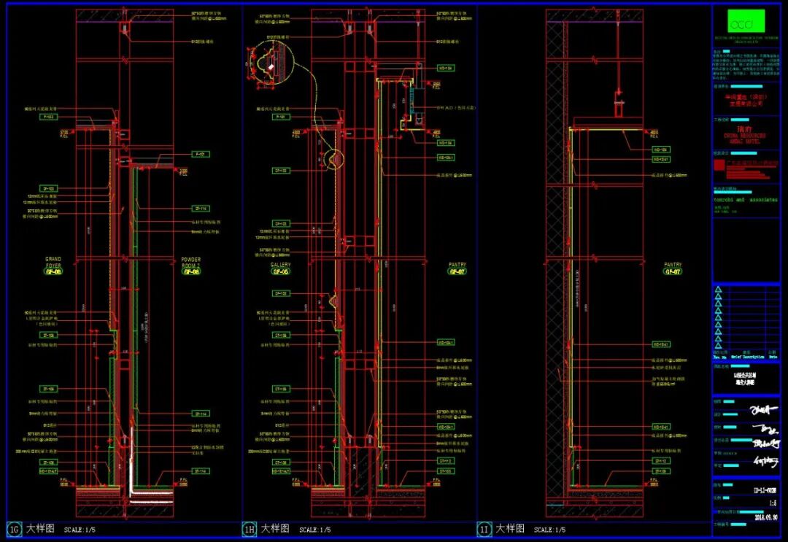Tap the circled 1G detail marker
click(x=14, y=529)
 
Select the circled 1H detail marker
click(x=250, y=529)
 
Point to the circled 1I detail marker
click(x=484, y=529)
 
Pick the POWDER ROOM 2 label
click(x=191, y=263)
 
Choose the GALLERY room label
click(x=281, y=265)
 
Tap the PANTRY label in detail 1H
click(x=457, y=265)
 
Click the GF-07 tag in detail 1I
click(x=672, y=271)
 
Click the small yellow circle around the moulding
click(x=335, y=158)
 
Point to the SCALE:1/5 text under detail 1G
click(x=82, y=530)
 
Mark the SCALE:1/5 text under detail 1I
click(x=552, y=530)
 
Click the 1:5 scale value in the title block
click(x=772, y=503)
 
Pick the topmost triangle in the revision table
click(x=718, y=290)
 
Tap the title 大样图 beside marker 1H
click(x=275, y=529)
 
